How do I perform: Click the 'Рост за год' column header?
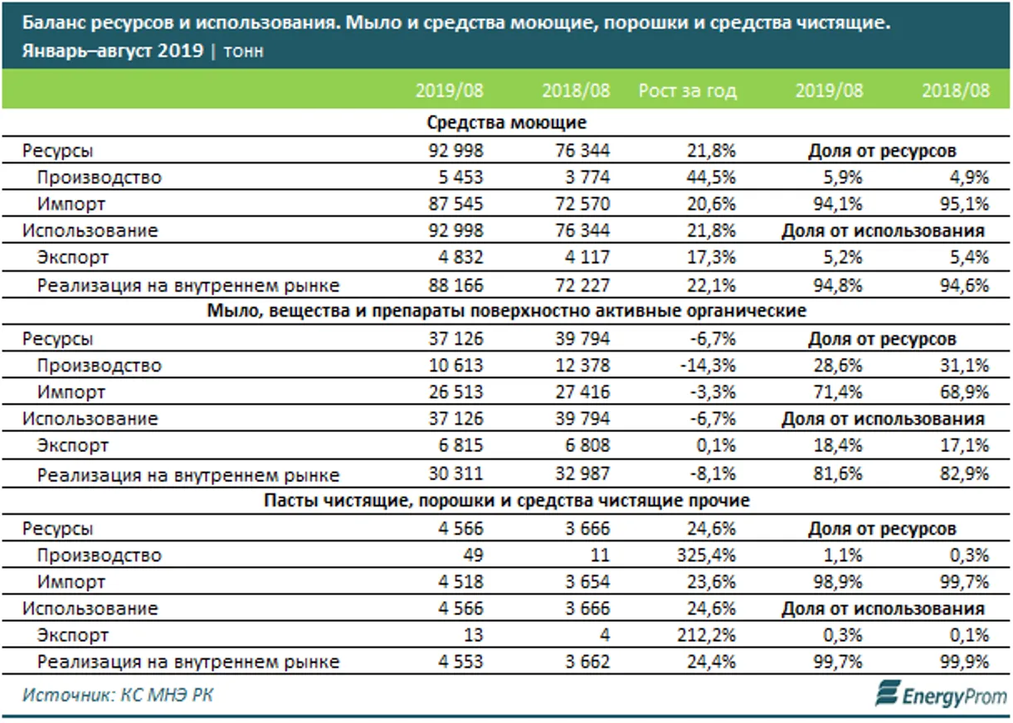tap(687, 91)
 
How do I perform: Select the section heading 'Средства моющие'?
tap(507, 123)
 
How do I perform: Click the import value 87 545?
tap(451, 204)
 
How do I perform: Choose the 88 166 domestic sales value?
tap(451, 286)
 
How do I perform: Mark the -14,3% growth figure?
tap(709, 366)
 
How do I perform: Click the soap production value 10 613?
tap(451, 366)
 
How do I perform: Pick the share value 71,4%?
tap(840, 392)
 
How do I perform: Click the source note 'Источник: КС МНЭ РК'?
tap(118, 695)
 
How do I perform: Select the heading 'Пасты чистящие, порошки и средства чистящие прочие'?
tap(507, 501)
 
